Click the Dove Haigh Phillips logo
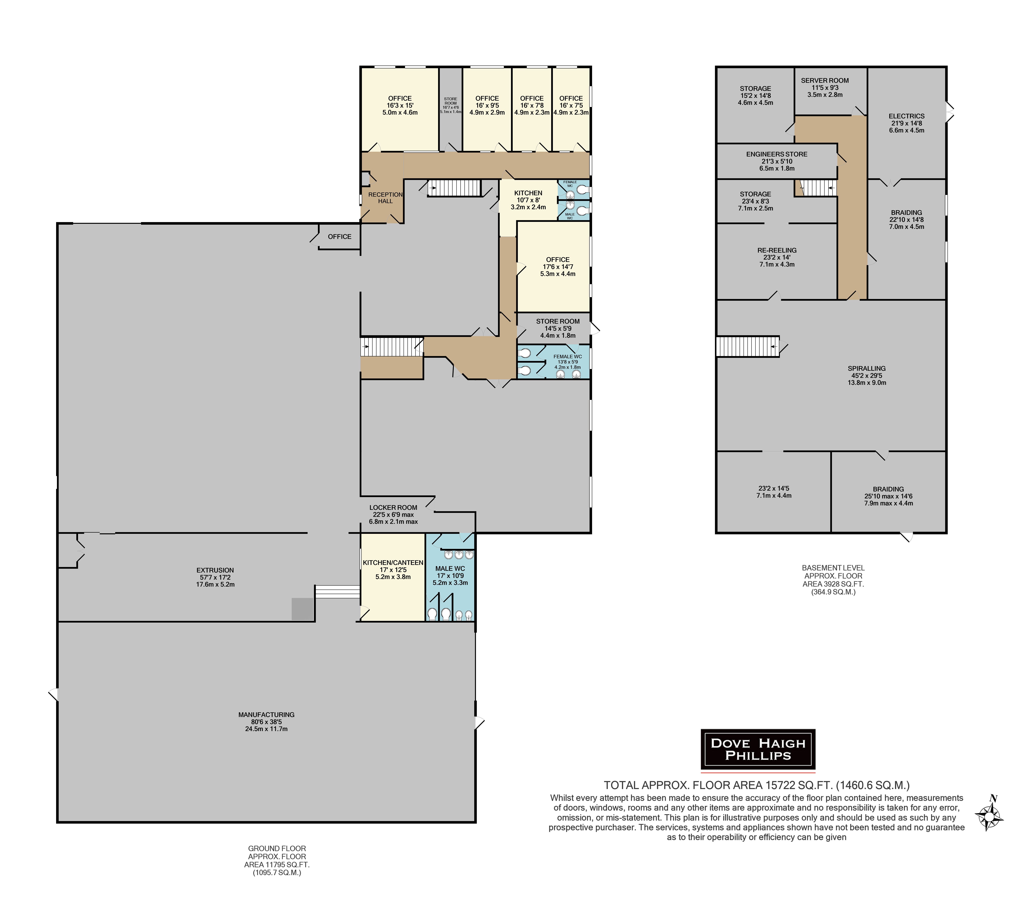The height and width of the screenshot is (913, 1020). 758,749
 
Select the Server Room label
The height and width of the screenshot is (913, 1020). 825,87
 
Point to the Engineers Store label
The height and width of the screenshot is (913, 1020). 777,161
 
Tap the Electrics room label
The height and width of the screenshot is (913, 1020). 907,123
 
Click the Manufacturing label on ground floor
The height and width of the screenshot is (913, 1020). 266,721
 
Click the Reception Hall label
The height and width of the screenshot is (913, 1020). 386,198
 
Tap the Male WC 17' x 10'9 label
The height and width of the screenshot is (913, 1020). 450,575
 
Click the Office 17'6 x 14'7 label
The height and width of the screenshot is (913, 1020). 558,267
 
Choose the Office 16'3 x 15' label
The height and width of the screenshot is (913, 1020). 400,105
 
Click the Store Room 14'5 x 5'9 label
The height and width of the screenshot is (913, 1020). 558,328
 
